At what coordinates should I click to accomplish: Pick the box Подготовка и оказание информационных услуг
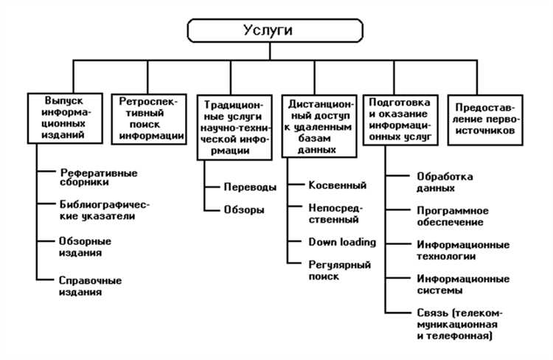point(403,117)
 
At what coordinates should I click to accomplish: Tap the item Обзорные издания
point(85,246)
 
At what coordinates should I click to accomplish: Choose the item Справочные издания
point(90,286)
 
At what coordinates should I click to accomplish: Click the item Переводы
point(250,187)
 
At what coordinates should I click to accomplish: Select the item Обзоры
point(244,210)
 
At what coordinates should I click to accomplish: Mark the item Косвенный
point(337,185)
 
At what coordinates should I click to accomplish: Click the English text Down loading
point(342,242)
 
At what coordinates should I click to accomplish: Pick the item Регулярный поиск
point(339,270)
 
